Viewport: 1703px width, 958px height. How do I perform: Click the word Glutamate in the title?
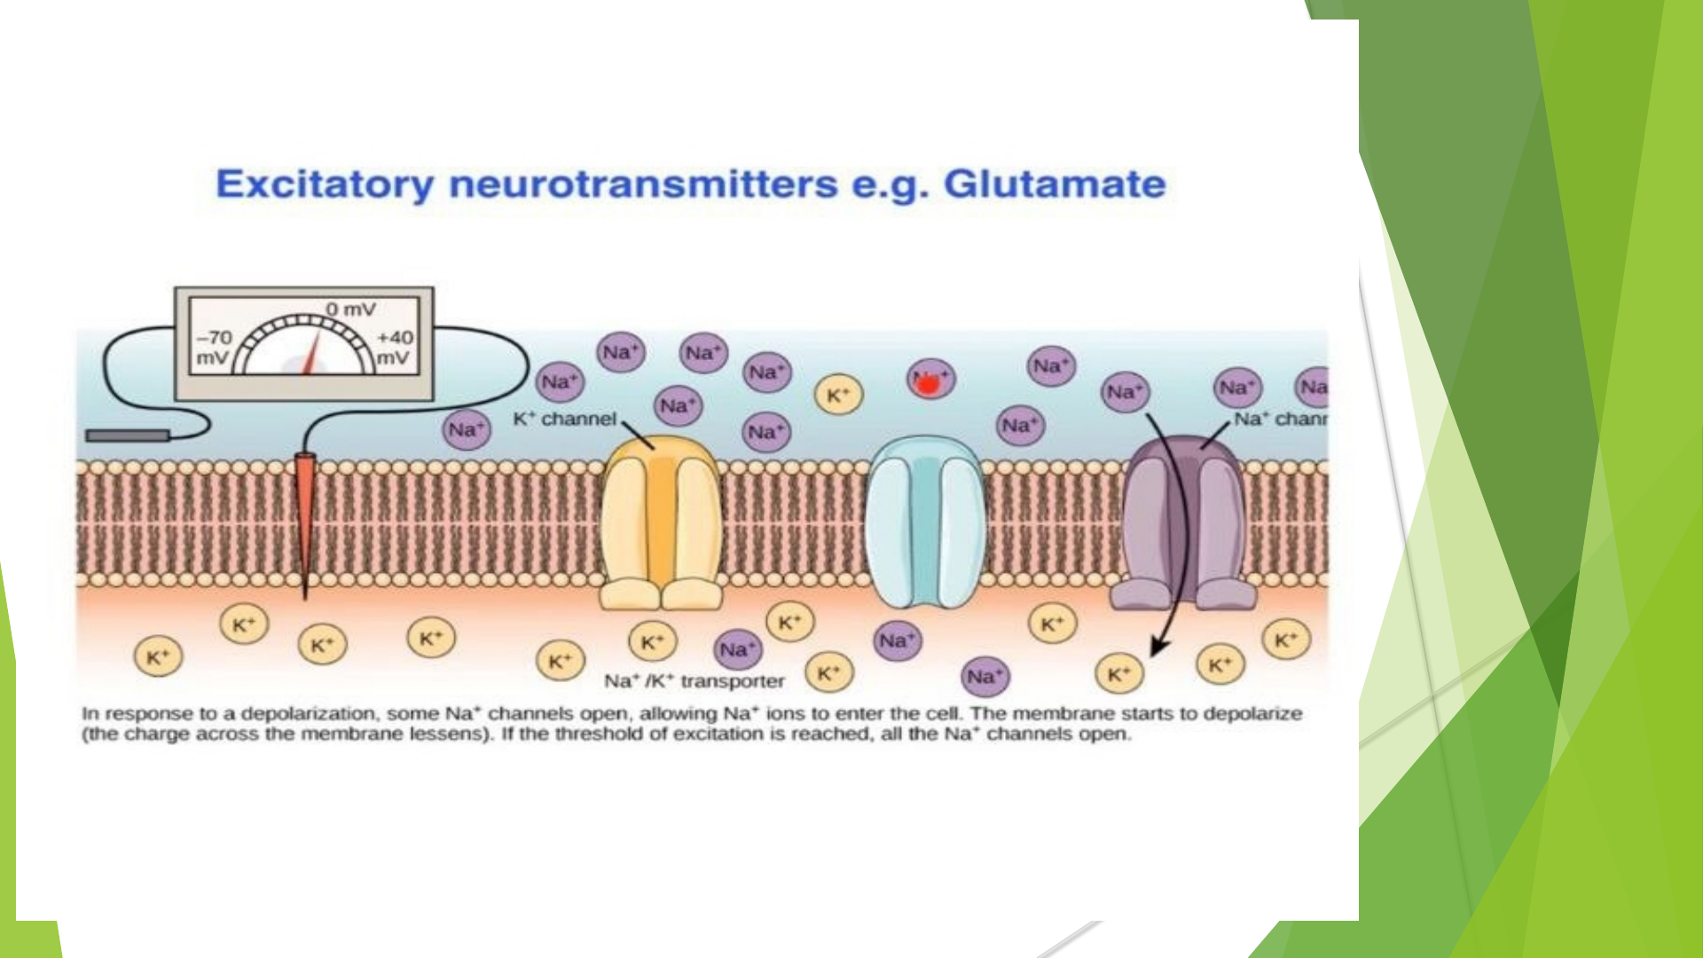pyautogui.click(x=1054, y=185)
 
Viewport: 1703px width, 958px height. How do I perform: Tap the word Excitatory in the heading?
pyautogui.click(x=325, y=185)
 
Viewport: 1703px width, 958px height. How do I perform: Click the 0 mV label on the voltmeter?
pyautogui.click(x=350, y=310)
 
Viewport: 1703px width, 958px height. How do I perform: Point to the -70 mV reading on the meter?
pyautogui.click(x=214, y=347)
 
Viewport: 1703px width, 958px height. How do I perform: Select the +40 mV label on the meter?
pyautogui.click(x=395, y=347)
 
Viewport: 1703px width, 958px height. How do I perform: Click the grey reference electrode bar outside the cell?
pyautogui.click(x=127, y=436)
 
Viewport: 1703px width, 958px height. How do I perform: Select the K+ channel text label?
pyautogui.click(x=565, y=419)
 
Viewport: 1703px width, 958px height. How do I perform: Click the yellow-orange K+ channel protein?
pyautogui.click(x=661, y=523)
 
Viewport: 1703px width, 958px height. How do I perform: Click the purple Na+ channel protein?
pyautogui.click(x=1184, y=523)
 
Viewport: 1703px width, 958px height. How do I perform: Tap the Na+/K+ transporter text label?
pyautogui.click(x=695, y=681)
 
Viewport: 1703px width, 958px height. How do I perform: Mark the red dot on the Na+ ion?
pyautogui.click(x=926, y=384)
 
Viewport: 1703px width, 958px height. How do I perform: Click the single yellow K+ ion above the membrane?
pyautogui.click(x=838, y=396)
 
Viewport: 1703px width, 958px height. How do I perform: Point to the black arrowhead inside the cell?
pyautogui.click(x=1156, y=648)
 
